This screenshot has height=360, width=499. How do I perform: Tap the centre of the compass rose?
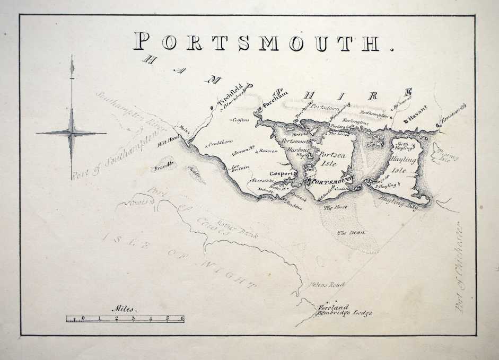(72, 132)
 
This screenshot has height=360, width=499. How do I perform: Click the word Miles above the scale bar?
(124, 309)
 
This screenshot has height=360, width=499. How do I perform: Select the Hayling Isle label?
(406, 164)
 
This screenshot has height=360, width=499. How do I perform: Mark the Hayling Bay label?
(399, 203)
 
